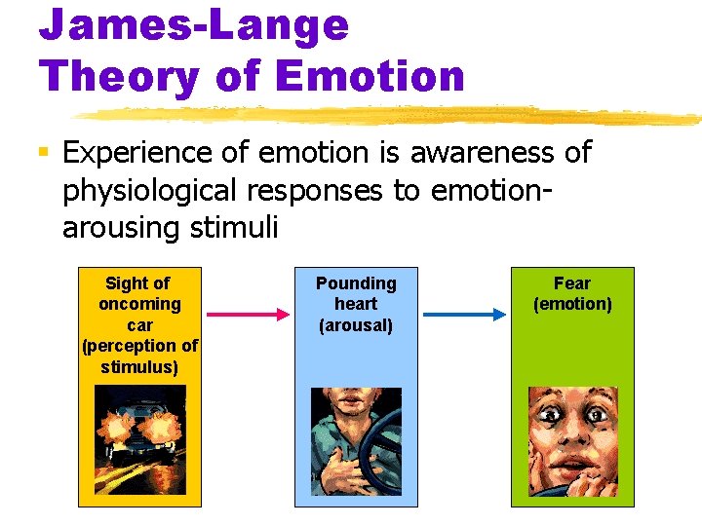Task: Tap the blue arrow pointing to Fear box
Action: point(464,315)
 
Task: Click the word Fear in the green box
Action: point(571,283)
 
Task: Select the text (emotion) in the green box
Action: point(572,304)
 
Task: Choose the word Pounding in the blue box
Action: point(356,283)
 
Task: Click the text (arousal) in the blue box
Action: point(356,325)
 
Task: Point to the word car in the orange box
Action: point(139,325)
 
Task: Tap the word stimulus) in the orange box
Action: point(139,367)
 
